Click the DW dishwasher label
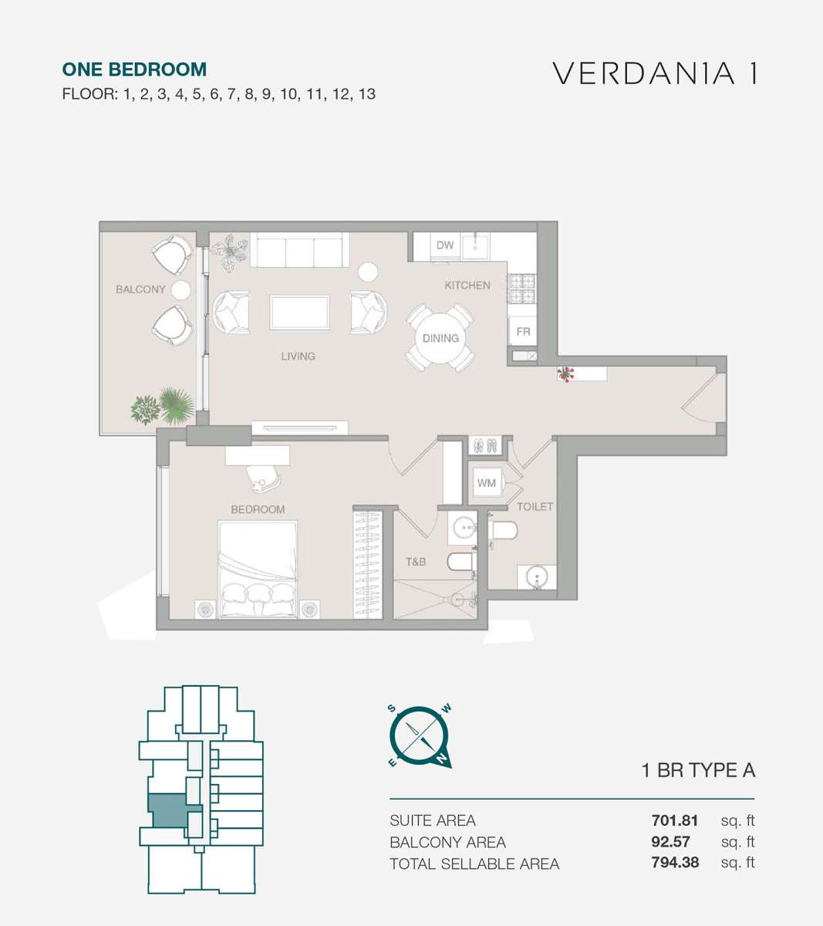444,245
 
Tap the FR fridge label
523,331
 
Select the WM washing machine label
486,483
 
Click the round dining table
440,338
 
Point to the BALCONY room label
140,289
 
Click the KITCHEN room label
467,286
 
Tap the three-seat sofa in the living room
299,249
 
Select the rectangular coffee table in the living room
299,313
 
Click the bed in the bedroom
258,569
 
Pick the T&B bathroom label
416,562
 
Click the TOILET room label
535,506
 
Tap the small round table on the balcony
181,290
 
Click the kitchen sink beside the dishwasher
475,247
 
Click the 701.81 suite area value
674,820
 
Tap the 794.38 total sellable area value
675,863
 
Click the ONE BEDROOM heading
134,69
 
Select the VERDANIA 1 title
654,73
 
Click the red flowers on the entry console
565,374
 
